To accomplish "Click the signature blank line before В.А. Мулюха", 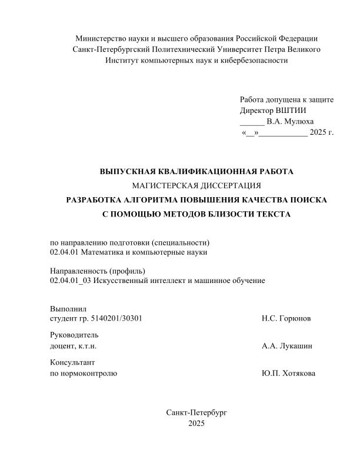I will tap(252, 122).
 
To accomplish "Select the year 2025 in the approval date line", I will tap(318, 133).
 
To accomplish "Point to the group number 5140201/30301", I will tap(116, 319).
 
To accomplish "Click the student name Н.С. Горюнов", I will tap(286, 319).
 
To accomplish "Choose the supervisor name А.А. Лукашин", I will tap(287, 346).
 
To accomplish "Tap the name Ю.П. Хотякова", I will tap(288, 373).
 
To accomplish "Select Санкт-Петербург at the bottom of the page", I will tap(196, 412).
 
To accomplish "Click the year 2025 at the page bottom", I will tap(196, 423).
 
